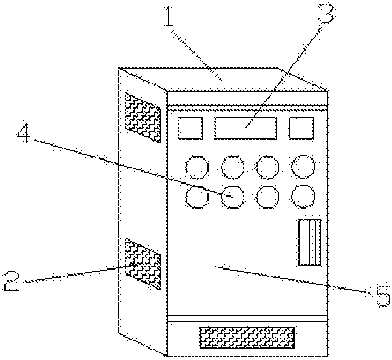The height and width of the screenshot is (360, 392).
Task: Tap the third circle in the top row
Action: click(x=268, y=167)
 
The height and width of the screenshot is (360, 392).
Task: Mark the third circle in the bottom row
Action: click(x=268, y=197)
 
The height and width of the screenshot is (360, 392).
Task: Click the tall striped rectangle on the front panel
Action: click(x=310, y=242)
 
